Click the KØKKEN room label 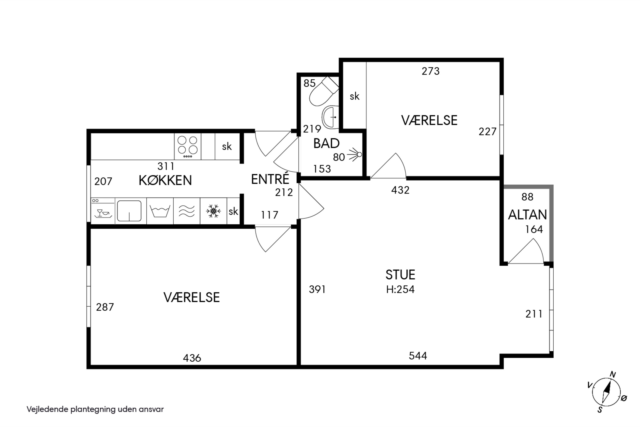coord(165,180)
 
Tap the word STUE coord(400,275)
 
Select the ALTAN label coord(527,215)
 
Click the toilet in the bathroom coord(324,91)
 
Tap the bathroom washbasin coord(330,117)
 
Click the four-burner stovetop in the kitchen coord(188,146)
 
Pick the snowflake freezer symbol coord(213,211)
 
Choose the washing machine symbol coord(160,211)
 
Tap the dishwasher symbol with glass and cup coord(103,211)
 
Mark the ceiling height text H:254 coord(400,289)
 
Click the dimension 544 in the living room coord(418,356)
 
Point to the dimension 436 coord(192,358)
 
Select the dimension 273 coord(431,71)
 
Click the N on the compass coord(612,374)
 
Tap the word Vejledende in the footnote coord(47,409)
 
